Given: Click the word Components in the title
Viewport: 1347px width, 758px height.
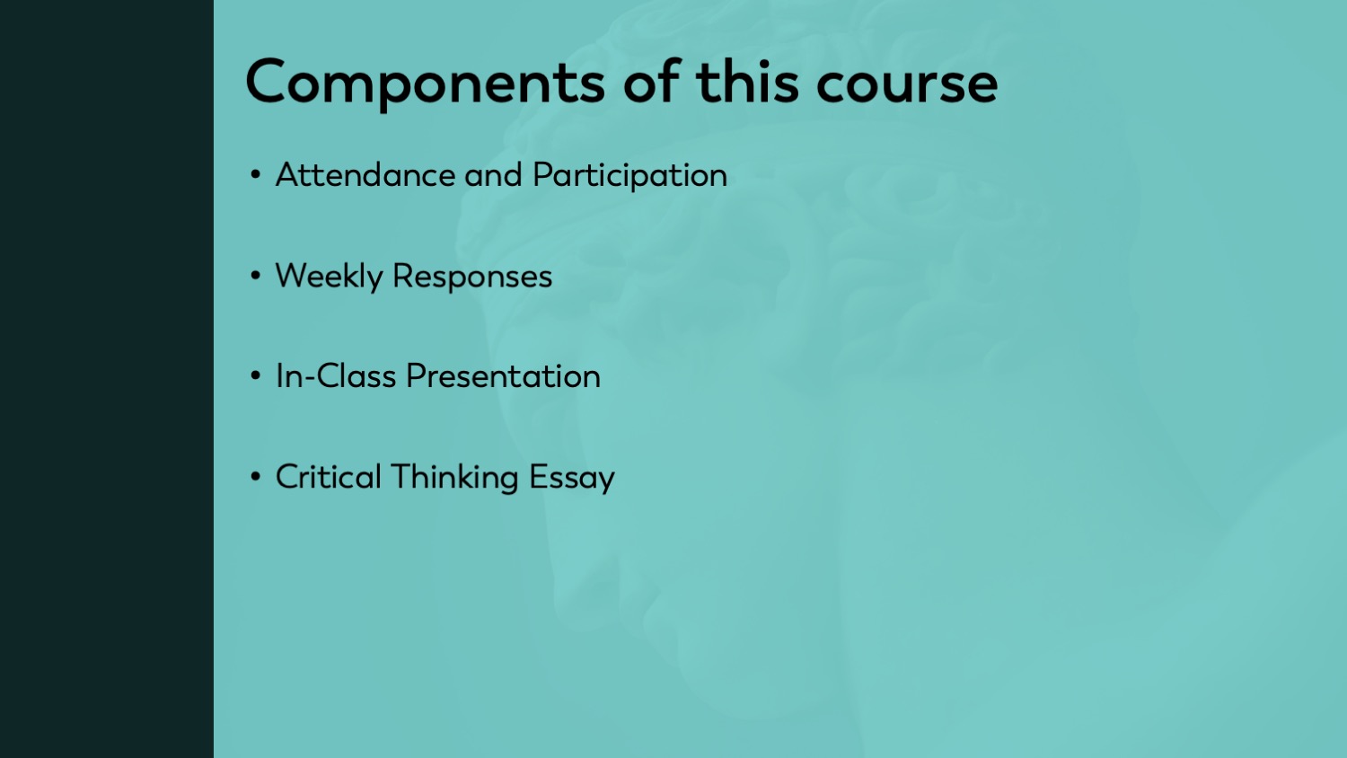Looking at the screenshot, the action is [x=425, y=84].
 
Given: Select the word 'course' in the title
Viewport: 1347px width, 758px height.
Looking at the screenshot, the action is [x=907, y=86].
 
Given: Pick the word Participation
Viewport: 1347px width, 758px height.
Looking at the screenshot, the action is [x=629, y=176].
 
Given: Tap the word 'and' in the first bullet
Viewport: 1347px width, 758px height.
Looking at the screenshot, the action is [x=493, y=175].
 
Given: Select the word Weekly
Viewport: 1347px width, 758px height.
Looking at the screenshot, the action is [x=329, y=277].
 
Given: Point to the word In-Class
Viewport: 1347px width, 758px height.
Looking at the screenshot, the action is [x=336, y=376].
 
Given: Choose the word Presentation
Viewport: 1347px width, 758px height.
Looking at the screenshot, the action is [x=503, y=376].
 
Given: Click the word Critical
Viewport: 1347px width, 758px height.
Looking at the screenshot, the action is [x=329, y=477].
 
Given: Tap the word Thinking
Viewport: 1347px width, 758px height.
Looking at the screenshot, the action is [x=454, y=478].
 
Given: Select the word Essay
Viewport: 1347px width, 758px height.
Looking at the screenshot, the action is [x=572, y=478].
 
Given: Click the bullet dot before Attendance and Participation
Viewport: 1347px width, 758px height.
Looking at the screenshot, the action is [x=256, y=175].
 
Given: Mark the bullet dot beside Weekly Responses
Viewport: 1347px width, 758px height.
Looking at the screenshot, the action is [x=256, y=276].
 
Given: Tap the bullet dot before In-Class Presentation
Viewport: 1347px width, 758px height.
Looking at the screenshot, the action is [x=256, y=376].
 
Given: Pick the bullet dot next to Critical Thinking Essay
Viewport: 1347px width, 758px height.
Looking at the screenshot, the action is [x=256, y=477].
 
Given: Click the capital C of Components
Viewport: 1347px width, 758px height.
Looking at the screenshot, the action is [x=265, y=82].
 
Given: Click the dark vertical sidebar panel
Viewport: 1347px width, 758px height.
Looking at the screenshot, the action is [x=107, y=379].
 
